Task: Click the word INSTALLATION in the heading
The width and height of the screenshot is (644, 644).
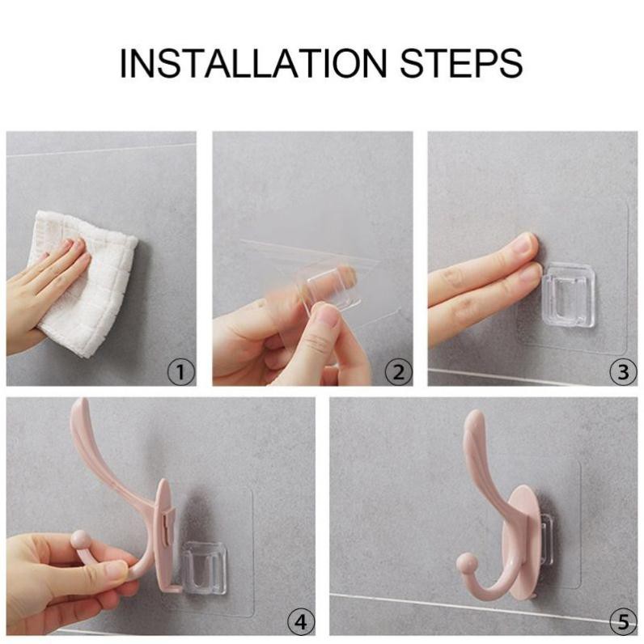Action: (x=253, y=63)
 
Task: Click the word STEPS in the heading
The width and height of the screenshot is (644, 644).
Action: (x=461, y=63)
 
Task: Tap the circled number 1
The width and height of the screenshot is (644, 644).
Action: (x=181, y=372)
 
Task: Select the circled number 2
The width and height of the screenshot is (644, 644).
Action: (x=398, y=372)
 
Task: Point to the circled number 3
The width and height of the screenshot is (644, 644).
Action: (x=623, y=372)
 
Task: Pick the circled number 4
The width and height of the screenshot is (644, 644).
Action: (x=301, y=622)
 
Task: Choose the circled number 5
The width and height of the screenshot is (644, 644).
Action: (x=623, y=622)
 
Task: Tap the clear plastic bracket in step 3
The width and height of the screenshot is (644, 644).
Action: (x=569, y=294)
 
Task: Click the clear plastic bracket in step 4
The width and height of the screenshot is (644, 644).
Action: (x=204, y=568)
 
